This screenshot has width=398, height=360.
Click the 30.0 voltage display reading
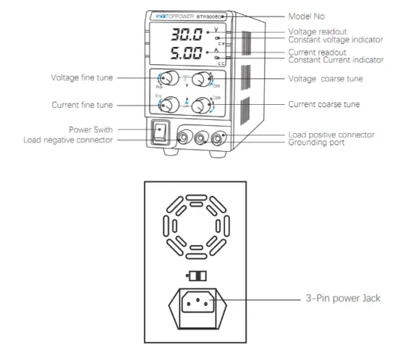186,35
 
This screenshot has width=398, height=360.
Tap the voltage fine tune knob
169,79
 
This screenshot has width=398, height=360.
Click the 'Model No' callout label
308,15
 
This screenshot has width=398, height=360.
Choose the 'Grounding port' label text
316,142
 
